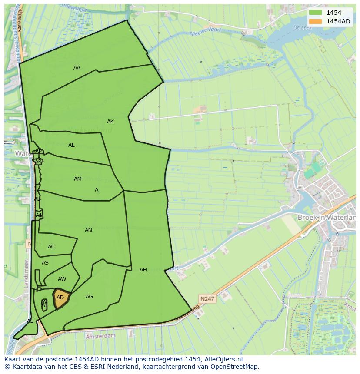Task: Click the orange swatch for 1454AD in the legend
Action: coord(316,21)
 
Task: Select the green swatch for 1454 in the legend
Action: coord(316,13)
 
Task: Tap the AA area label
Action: coord(77,67)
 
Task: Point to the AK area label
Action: coord(110,122)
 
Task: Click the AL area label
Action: coord(71,145)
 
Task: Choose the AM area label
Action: coord(78,179)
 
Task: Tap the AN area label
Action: coord(88,230)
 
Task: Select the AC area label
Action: coord(51,247)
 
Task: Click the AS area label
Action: coord(45,263)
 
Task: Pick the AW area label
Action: coord(62,279)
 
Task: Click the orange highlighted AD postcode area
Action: coord(61,298)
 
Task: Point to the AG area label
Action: coord(89,297)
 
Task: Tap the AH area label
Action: coord(143,270)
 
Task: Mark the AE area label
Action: coord(30,321)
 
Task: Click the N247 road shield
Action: coord(207,298)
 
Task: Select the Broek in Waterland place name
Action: coord(327,217)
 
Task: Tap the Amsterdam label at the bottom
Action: coord(101,336)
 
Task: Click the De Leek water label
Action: coord(302,27)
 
